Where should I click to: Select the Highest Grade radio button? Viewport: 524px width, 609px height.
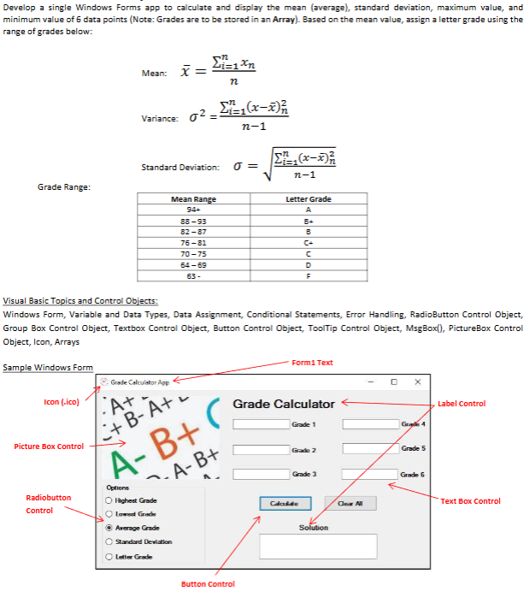coord(109,500)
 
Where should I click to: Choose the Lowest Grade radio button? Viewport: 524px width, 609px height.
coord(109,513)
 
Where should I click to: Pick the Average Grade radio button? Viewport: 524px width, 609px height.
coord(109,528)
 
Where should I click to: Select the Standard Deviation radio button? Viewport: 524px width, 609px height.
coord(109,541)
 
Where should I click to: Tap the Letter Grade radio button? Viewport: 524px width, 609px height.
coord(109,556)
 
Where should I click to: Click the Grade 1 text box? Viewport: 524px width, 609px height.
coord(259,424)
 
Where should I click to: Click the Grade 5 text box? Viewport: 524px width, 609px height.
coord(368,449)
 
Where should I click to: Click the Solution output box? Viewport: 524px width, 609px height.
coord(317,546)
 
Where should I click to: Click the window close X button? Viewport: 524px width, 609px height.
coord(417,381)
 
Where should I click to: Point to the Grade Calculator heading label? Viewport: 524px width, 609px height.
coord(283,404)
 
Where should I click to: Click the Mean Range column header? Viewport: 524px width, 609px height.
coord(194,198)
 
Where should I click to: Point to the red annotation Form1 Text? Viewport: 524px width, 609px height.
coord(312,363)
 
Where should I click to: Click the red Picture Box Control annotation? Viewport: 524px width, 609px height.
coord(49,446)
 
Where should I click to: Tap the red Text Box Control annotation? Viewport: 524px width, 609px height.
coord(471,501)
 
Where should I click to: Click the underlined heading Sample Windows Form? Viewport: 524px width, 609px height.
coord(48,368)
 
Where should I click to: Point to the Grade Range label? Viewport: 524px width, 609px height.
coord(65,186)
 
